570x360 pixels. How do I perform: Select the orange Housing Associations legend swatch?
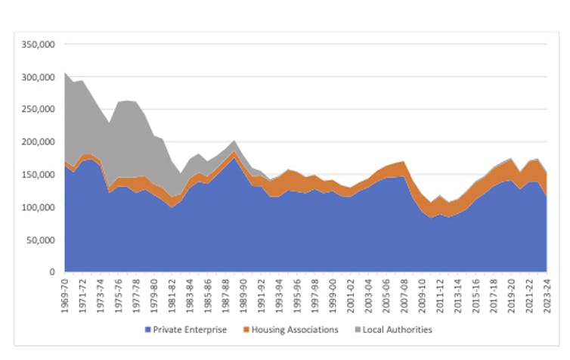coord(246,330)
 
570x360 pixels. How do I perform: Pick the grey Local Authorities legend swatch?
coord(356,330)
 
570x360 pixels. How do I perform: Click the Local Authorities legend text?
coord(397,330)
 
